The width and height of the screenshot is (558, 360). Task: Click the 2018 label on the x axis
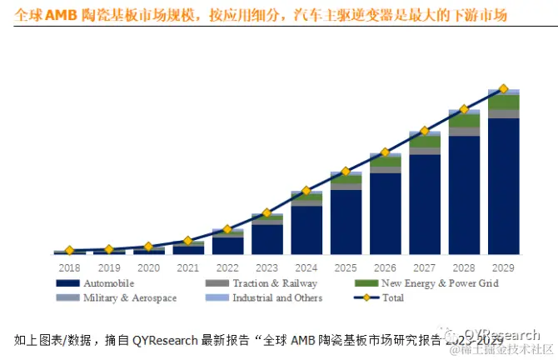69,267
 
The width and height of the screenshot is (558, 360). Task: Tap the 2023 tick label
267,267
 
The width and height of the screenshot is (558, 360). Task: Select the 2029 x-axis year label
503,267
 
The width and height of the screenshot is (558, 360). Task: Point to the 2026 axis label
385,267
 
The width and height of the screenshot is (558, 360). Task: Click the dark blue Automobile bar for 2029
503,187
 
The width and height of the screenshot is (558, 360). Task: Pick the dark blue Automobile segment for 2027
424,204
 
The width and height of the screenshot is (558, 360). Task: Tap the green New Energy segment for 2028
464,120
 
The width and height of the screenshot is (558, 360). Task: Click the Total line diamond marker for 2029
503,88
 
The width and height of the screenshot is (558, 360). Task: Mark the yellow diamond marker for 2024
306,191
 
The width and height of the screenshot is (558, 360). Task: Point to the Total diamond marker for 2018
69,251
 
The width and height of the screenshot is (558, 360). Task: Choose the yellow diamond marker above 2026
385,152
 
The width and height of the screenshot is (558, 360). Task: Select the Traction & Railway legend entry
267,283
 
